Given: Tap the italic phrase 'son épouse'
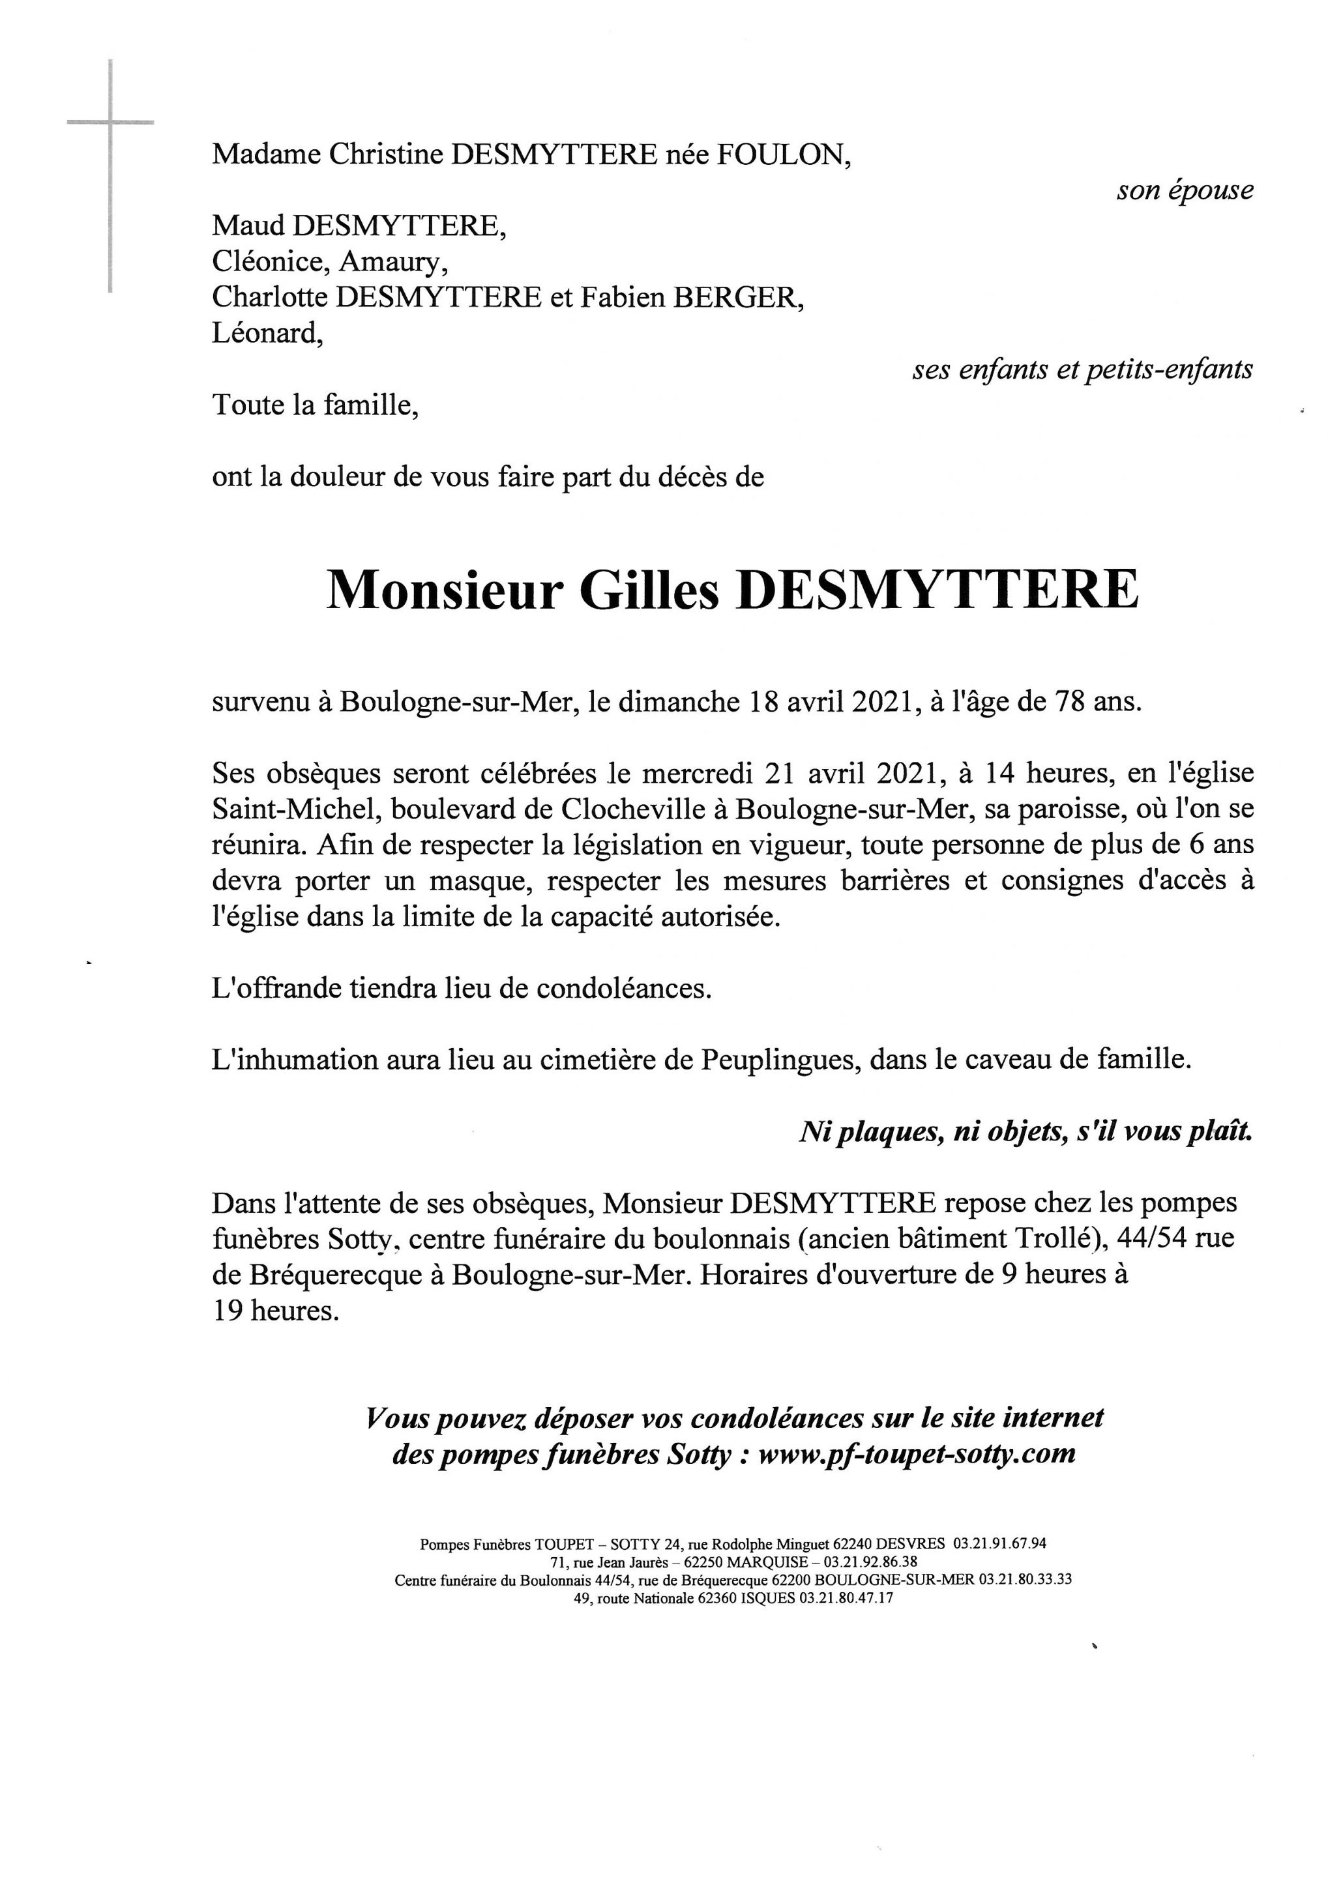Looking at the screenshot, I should click(1184, 190).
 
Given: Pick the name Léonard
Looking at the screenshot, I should click(267, 334).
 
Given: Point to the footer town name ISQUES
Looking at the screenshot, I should click(767, 1598).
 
